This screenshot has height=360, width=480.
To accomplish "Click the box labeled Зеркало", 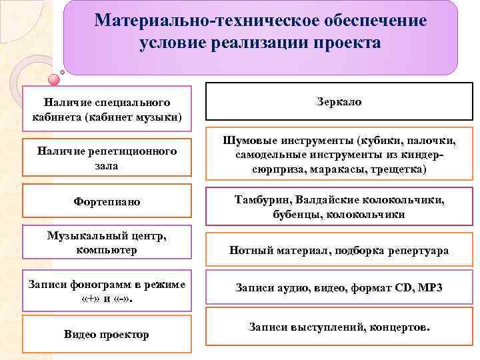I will (338, 102).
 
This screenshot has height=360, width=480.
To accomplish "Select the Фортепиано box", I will (107, 201).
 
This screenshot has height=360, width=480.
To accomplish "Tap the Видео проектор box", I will (107, 334).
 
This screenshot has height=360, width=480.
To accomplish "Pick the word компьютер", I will (107, 249).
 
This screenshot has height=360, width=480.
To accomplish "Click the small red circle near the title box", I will (63, 73).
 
